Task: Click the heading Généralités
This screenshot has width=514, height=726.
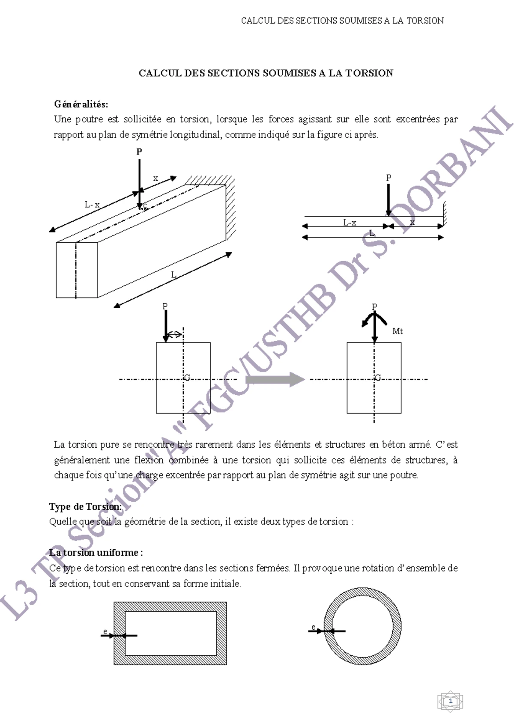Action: (x=81, y=104)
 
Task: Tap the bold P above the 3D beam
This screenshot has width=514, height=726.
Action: (x=139, y=152)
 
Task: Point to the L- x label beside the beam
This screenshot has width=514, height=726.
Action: (x=92, y=205)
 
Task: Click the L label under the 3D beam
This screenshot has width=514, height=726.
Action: (x=173, y=275)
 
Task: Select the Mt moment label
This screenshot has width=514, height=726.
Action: (x=397, y=331)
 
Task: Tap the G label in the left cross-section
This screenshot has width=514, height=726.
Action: (x=187, y=378)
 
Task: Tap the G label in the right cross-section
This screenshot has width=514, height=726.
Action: (x=378, y=378)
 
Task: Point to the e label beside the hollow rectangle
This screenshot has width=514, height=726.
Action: (x=105, y=631)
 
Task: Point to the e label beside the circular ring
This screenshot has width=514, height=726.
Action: (x=314, y=628)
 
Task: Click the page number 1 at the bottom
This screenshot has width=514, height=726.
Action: (x=450, y=701)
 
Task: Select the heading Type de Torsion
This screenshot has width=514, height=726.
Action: (x=85, y=507)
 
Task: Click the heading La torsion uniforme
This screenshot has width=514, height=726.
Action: (x=96, y=553)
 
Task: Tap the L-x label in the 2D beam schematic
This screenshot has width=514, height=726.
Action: (x=350, y=223)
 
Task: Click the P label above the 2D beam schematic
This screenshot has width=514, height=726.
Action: (x=388, y=178)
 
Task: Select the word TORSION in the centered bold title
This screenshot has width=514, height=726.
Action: (x=370, y=73)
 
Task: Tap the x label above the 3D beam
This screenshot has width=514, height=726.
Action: (x=155, y=178)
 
